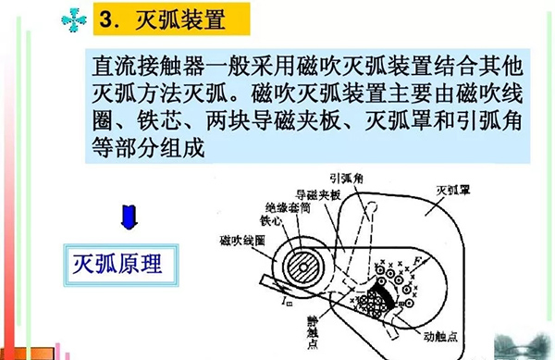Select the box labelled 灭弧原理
coord(117,264)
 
